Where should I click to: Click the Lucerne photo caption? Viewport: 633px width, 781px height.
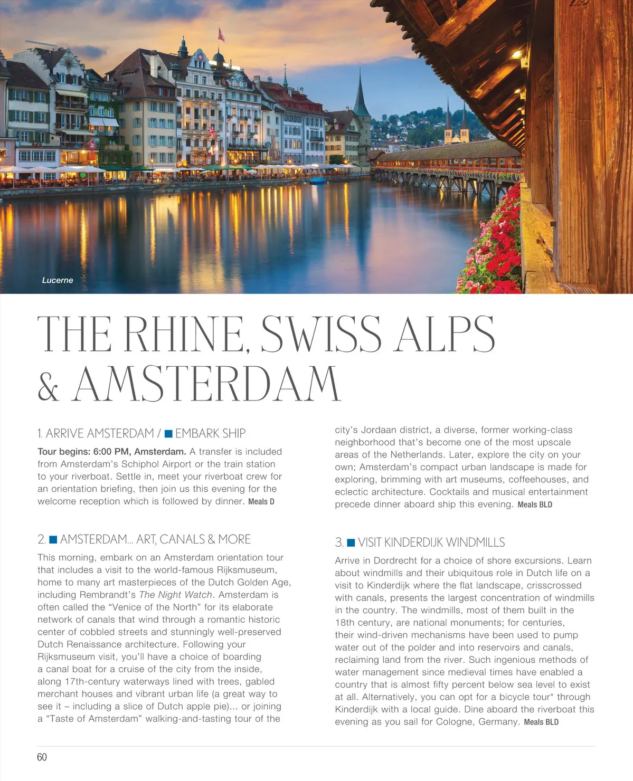(x=58, y=280)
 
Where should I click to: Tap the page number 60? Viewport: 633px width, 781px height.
(x=42, y=757)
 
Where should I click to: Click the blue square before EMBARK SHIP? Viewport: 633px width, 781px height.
(x=169, y=434)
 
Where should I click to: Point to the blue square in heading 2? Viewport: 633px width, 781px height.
(x=53, y=539)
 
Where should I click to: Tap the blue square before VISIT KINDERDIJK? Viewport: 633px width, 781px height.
(x=351, y=542)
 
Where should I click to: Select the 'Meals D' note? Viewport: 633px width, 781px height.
(x=261, y=502)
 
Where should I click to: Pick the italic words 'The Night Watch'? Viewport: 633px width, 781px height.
(x=175, y=595)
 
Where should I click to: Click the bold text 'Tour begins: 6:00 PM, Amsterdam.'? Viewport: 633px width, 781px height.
(x=111, y=452)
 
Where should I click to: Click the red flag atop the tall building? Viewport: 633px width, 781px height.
(x=221, y=35)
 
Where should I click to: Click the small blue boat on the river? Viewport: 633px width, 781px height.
(x=318, y=180)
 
